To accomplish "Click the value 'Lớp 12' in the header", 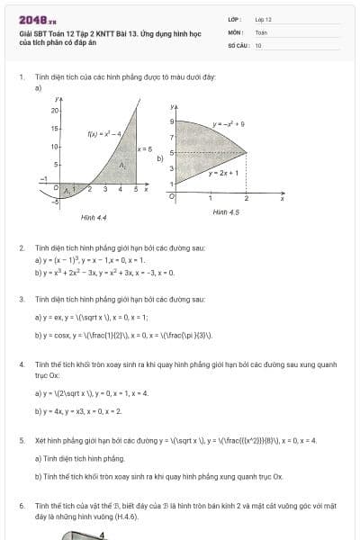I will (263, 19).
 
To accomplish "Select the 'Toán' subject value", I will (261, 31).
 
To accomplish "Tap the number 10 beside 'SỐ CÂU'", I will (258, 43).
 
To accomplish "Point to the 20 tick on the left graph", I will (53, 110).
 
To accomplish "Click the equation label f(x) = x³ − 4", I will (104, 134).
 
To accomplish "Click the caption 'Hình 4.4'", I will (94, 217).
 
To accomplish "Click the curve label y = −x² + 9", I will (229, 122).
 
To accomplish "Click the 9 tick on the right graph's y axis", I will (171, 121).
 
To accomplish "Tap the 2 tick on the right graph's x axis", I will (246, 197).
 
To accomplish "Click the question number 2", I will (21, 247).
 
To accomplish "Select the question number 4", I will (21, 364).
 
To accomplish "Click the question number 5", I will (21, 441).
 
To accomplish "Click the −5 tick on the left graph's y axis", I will (54, 202).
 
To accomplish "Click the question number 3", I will (21, 298).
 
